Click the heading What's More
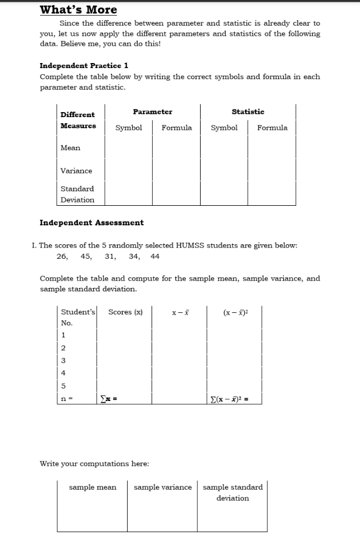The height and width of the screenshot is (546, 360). click(79, 9)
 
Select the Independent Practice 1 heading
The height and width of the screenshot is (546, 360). click(84, 65)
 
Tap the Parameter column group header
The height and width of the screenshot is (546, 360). click(152, 112)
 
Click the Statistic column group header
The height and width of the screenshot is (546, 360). click(248, 112)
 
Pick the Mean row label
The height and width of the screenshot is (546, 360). click(70, 148)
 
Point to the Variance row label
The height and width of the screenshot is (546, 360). click(76, 171)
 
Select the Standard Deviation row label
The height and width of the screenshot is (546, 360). click(77, 194)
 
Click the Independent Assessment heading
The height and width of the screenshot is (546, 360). click(91, 223)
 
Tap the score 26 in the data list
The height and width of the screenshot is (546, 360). click(62, 257)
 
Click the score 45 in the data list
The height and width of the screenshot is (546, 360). click(86, 257)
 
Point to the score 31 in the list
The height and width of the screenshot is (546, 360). click(110, 257)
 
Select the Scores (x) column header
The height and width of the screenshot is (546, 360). click(125, 312)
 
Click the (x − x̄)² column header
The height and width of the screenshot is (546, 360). click(235, 312)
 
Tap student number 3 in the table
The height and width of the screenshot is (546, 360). click(64, 360)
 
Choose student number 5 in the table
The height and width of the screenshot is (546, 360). click(64, 386)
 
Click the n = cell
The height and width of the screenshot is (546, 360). click(66, 399)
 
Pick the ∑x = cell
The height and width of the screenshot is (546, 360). click(109, 399)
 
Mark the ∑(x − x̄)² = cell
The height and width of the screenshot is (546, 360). click(230, 399)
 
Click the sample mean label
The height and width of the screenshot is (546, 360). click(93, 487)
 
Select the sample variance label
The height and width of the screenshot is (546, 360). click(163, 487)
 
